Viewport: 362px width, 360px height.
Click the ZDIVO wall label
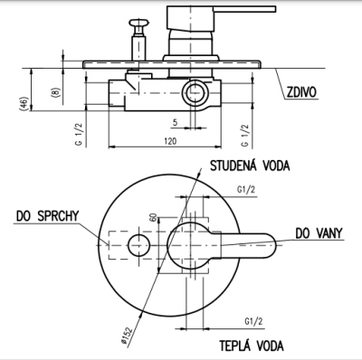click(x=301, y=92)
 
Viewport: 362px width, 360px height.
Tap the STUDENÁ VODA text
click(x=250, y=166)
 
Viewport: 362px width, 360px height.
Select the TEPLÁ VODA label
click(x=252, y=346)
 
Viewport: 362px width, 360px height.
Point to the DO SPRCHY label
click(x=47, y=216)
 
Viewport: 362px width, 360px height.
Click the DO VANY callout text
click(x=319, y=233)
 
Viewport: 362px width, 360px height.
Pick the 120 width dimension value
click(x=170, y=141)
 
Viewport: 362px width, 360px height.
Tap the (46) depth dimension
click(x=25, y=103)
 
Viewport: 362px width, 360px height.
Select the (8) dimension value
click(x=56, y=92)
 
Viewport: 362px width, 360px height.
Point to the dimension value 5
click(x=175, y=122)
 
